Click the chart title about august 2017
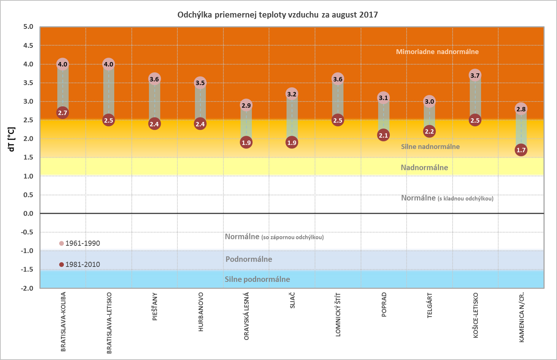(x=277, y=15)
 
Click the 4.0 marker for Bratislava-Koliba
(x=63, y=64)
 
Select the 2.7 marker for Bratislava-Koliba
(x=63, y=113)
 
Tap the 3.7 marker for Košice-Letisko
(x=475, y=76)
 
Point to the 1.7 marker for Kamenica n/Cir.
(x=521, y=150)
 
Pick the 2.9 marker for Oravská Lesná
(x=246, y=105)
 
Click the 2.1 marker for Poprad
(x=383, y=135)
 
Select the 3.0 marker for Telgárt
(x=429, y=101)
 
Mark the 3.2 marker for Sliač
(x=292, y=94)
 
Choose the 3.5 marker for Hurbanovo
(x=200, y=83)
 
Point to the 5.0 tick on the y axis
(x=28, y=27)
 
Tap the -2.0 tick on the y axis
(x=27, y=288)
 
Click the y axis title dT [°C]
(x=11, y=139)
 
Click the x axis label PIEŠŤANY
(x=155, y=306)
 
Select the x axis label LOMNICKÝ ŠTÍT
(x=338, y=314)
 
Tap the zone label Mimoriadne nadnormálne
(x=437, y=52)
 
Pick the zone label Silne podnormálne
(x=257, y=279)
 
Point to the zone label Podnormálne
(x=249, y=259)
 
